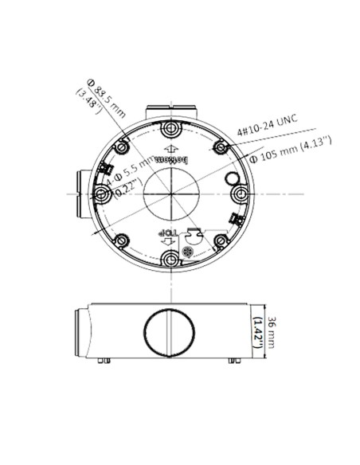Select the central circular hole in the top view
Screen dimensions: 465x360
tap(170, 193)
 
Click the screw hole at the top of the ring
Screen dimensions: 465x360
tap(169, 129)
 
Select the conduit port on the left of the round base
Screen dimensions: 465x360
tap(80, 193)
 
